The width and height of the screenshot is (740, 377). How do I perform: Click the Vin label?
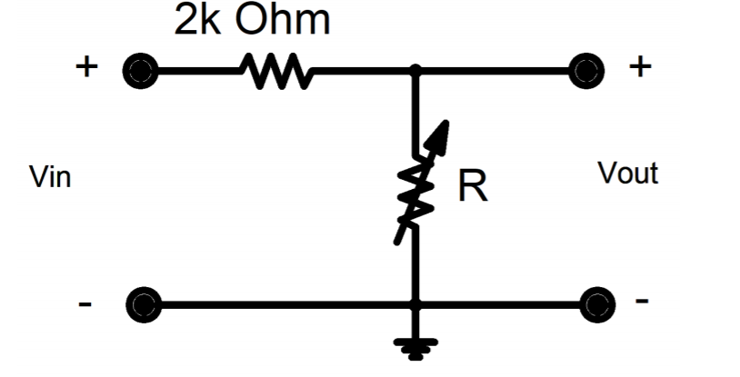(50, 176)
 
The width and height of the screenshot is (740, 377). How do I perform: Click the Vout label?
(627, 174)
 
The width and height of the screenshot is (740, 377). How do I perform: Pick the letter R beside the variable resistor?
(473, 187)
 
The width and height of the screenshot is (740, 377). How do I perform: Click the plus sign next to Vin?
(85, 68)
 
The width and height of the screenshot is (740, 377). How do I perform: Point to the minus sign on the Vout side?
(642, 300)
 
